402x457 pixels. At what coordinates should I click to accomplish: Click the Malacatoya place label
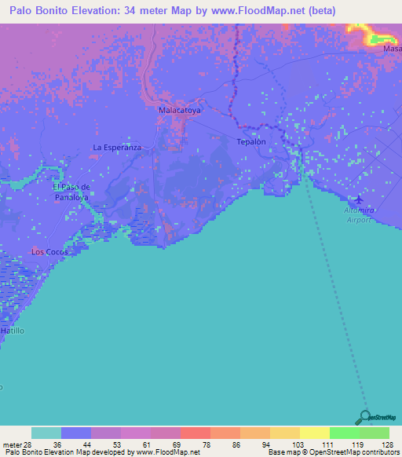[x=180, y=112]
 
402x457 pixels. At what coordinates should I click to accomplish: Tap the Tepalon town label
[x=251, y=142]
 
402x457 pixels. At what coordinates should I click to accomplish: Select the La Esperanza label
[x=116, y=147]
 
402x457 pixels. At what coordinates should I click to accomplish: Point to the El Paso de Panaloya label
[x=73, y=192]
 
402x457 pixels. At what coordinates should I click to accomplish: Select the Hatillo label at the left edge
[x=13, y=331]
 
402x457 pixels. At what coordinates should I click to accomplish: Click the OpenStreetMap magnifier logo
[x=365, y=417]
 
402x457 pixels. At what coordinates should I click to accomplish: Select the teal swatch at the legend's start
[x=46, y=433]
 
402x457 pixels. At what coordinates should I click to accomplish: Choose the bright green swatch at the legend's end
[x=374, y=433]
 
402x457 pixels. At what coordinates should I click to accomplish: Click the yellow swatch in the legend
[x=314, y=433]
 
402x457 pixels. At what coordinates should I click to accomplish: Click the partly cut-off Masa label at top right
[x=392, y=49]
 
